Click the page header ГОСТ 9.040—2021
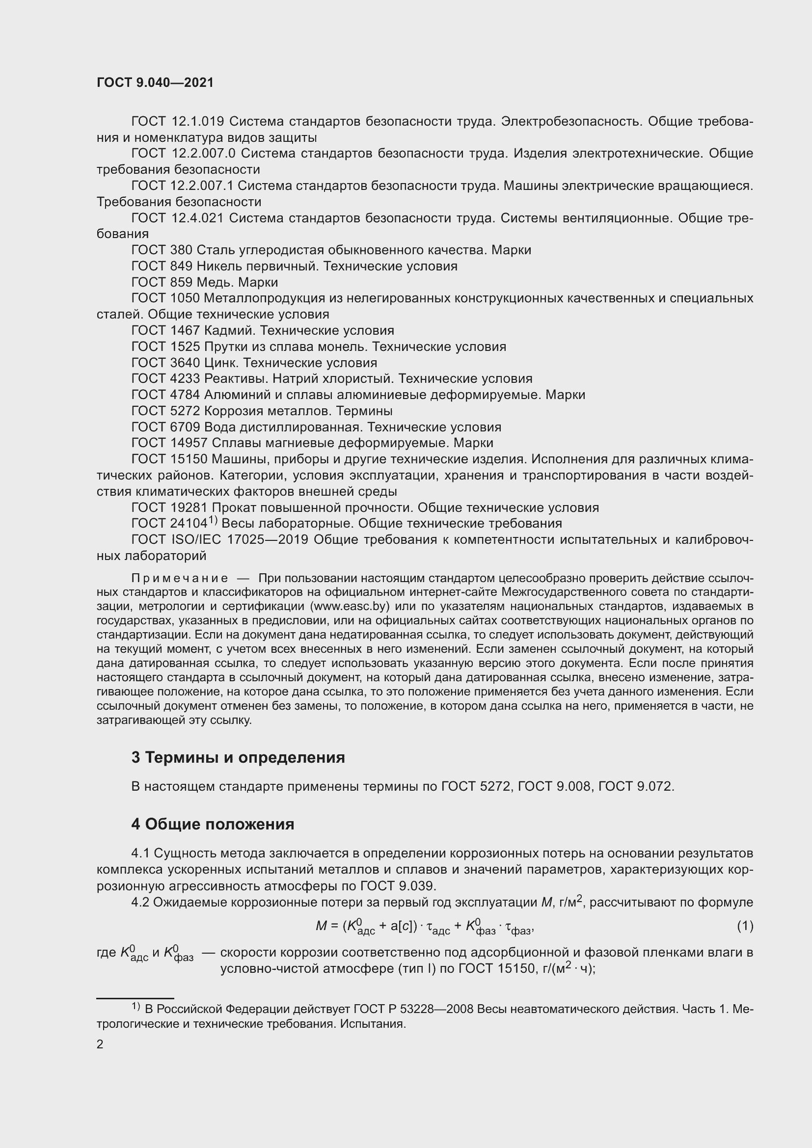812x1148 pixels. tap(155, 83)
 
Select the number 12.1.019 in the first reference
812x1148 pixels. tap(197, 122)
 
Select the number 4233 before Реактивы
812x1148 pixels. tap(185, 378)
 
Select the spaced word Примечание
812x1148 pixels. tap(180, 579)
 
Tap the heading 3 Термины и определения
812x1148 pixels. tap(238, 757)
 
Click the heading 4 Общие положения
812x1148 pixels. tap(213, 824)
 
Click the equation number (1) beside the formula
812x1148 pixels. tap(745, 926)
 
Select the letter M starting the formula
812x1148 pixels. tap(321, 927)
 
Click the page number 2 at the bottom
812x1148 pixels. tap(100, 1044)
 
